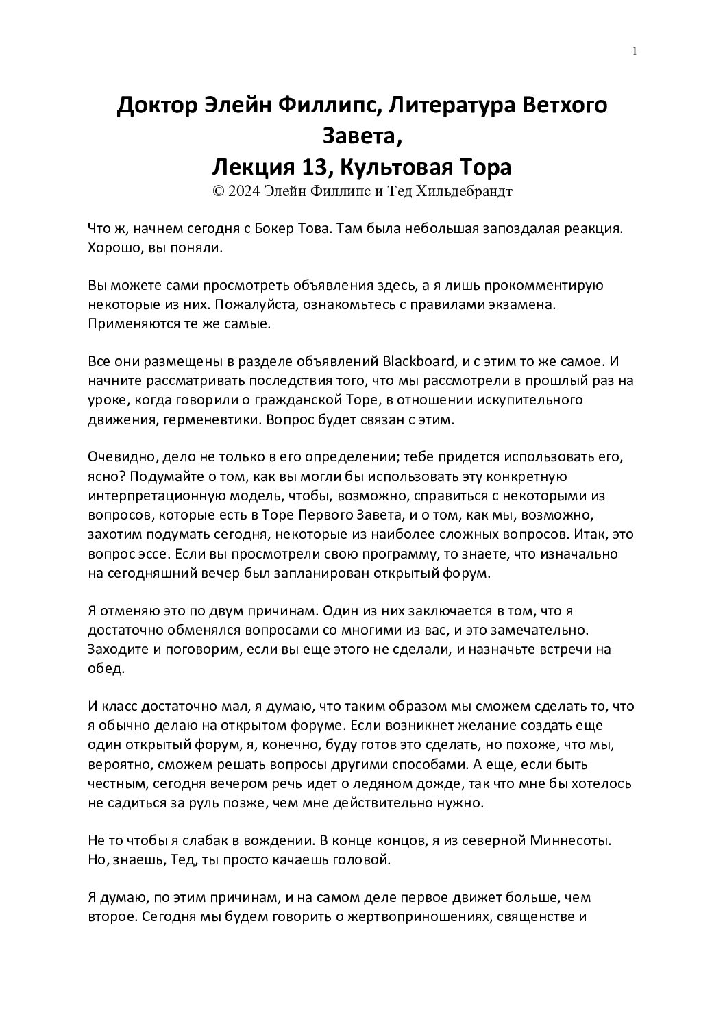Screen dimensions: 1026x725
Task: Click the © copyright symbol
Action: [x=219, y=192]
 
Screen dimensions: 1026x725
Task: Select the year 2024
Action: [x=244, y=192]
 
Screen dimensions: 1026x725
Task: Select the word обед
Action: [x=106, y=668]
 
